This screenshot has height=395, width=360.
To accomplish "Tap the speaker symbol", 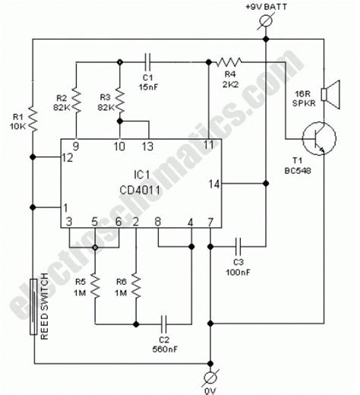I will click(325, 94).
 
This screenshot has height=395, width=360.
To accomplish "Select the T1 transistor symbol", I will click(314, 142).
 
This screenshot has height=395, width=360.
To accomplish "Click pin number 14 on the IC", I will click(215, 182).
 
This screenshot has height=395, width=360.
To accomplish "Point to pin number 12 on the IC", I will click(69, 157).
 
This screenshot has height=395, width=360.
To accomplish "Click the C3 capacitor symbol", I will click(238, 245).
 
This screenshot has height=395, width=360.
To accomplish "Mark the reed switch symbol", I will click(33, 305).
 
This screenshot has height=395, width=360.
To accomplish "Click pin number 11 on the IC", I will click(209, 144).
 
